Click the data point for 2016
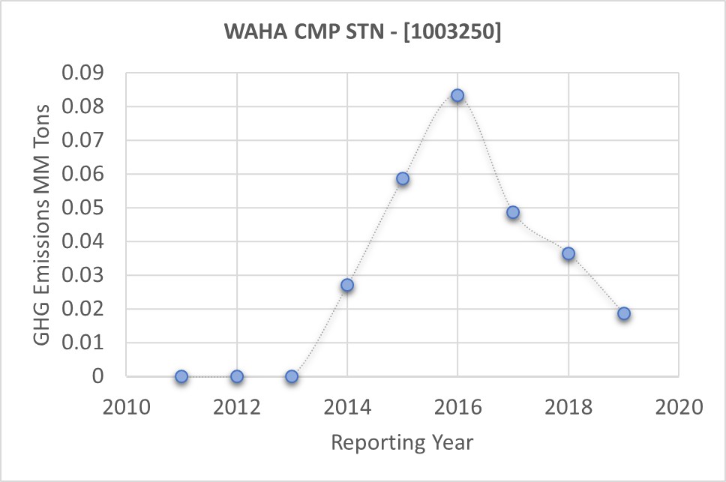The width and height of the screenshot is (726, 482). coord(457,96)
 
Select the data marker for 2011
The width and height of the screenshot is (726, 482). coord(181,376)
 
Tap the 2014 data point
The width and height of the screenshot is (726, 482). coord(347,286)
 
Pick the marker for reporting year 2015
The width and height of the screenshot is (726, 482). coord(403,179)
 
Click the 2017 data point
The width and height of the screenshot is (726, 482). coord(513,213)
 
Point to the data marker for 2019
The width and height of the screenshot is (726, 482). coord(624,314)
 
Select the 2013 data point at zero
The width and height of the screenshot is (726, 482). coord(292,376)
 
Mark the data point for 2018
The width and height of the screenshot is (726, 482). coord(568,254)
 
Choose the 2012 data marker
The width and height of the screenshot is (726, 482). coord(237,376)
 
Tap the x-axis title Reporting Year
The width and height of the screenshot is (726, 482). coord(403,442)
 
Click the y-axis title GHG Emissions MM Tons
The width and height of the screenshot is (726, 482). coord(43,224)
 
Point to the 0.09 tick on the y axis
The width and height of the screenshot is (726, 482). coord(87,73)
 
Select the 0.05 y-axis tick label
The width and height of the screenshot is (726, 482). coord(87,208)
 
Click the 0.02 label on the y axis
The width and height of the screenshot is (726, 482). coord(87,310)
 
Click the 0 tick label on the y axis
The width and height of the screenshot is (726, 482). coord(98,376)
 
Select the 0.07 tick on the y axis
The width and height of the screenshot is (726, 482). coord(87,141)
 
